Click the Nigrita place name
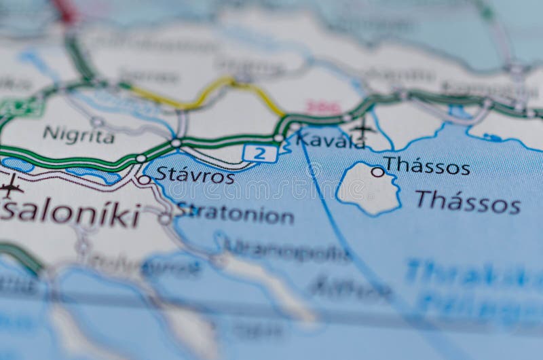[79, 135]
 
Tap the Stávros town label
[195, 175]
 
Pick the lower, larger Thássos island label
[468, 202]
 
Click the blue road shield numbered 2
[260, 154]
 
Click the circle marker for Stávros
[145, 180]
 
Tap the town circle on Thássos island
[377, 173]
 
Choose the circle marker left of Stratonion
[164, 219]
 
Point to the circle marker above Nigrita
[97, 122]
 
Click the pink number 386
[323, 107]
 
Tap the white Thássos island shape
[369, 189]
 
